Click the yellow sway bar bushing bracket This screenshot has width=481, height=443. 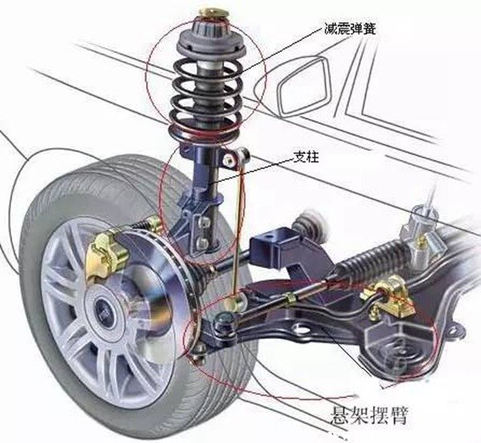coord(393,293)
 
